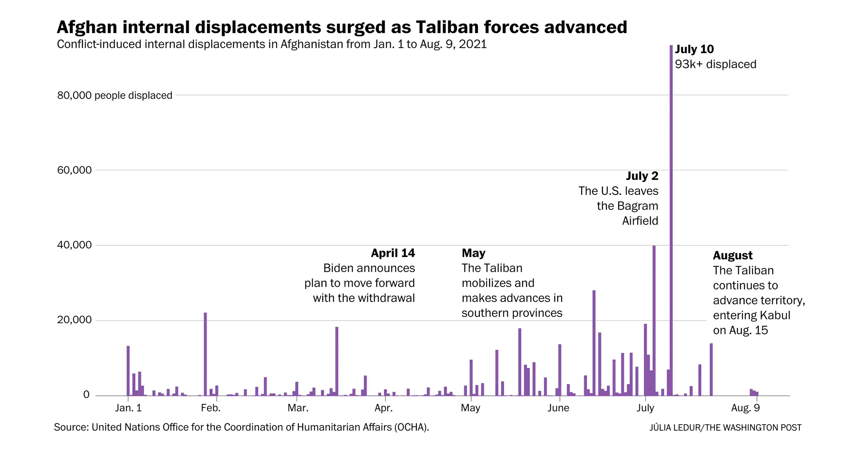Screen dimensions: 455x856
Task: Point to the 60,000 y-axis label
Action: coord(74,170)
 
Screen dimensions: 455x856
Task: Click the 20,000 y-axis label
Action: coord(74,320)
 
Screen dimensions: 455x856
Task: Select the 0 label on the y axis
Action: coord(86,395)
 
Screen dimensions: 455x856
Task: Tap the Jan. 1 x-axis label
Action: coord(128,408)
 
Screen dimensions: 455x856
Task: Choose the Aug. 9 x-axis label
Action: coord(745,408)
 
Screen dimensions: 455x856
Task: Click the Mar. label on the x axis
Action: coord(298,408)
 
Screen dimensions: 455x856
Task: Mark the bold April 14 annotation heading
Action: coord(393,253)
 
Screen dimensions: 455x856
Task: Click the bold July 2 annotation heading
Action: coord(642,176)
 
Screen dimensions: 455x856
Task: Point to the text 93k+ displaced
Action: coord(715,64)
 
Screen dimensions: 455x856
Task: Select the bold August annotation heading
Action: coord(733,255)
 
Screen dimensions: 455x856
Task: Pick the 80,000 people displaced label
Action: coord(115,95)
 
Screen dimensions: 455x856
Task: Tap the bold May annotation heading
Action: coord(473,253)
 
